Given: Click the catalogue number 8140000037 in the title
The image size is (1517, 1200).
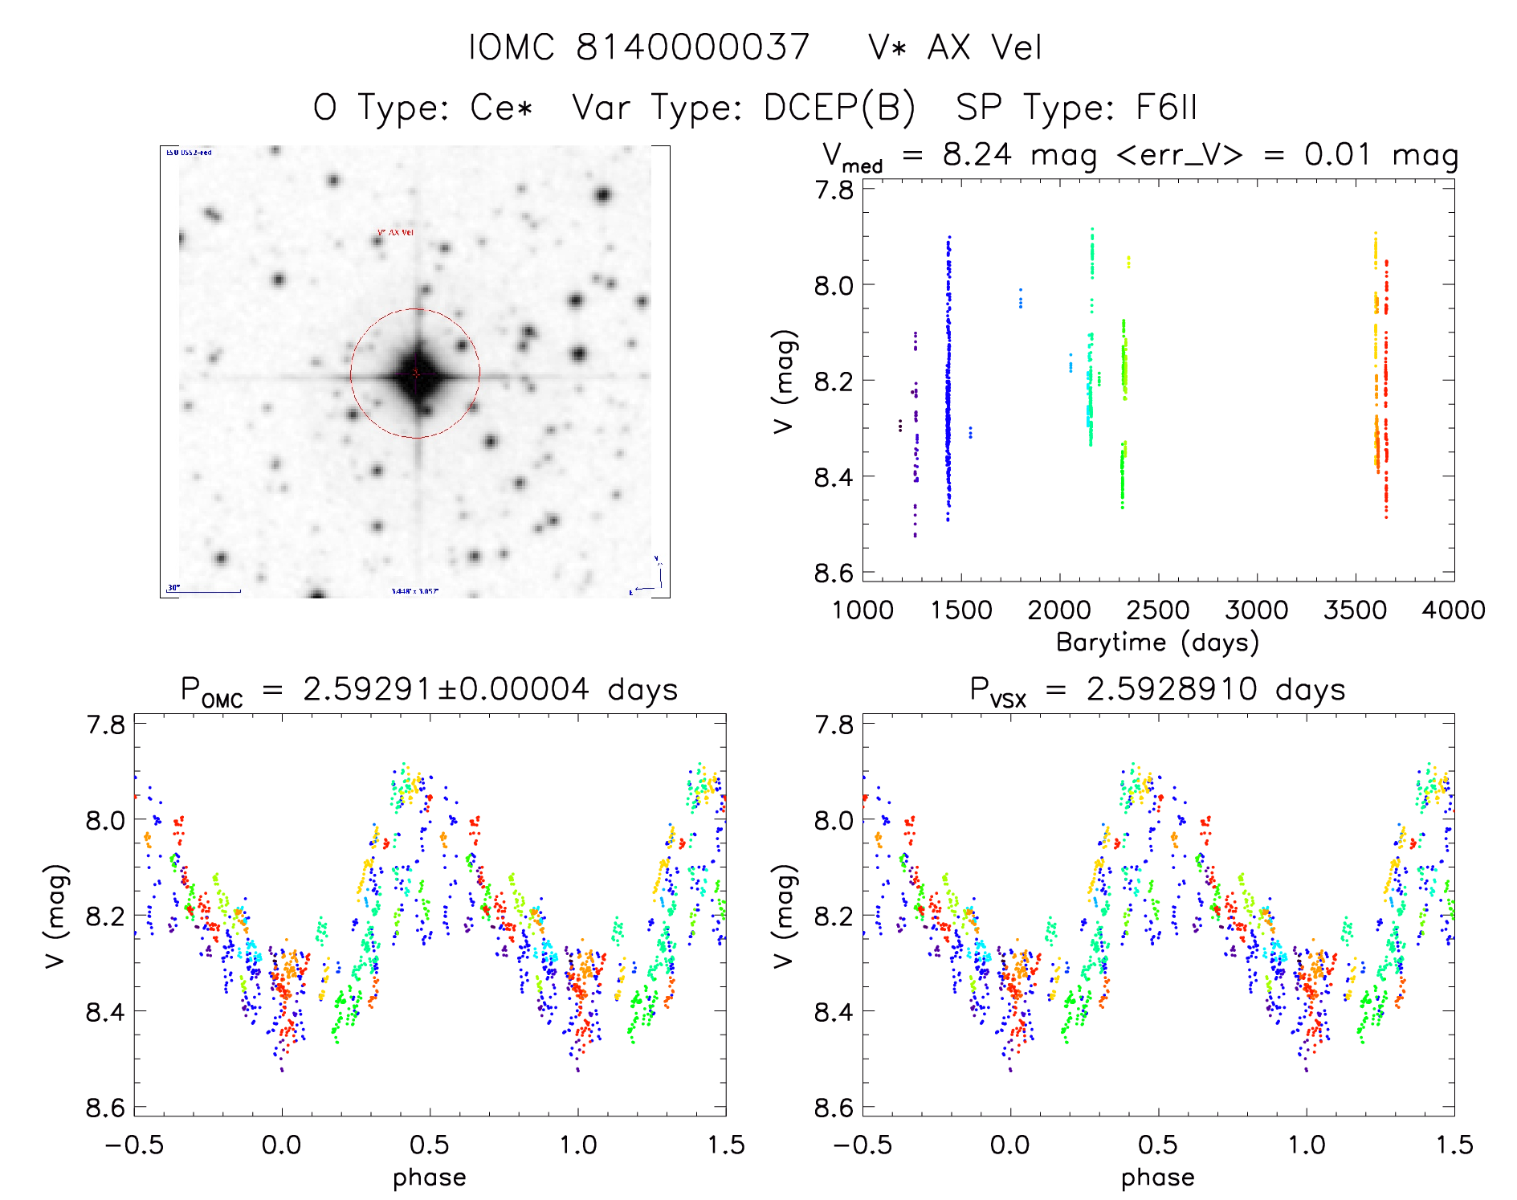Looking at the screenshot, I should (x=692, y=47).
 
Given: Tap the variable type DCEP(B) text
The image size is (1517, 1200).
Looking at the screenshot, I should (x=838, y=107).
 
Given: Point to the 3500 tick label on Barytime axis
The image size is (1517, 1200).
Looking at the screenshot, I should (x=1355, y=610).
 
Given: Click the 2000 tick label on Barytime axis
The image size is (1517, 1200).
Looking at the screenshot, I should (x=1059, y=610).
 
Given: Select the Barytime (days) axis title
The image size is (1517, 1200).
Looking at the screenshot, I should (x=1157, y=643).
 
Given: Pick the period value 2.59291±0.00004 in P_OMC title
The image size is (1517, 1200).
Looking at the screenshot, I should (x=446, y=689).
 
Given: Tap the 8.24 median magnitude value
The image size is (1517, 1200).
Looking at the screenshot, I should (x=977, y=154).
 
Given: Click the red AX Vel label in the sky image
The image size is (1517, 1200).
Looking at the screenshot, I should (x=395, y=233).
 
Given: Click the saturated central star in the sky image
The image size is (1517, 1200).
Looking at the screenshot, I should (x=416, y=373).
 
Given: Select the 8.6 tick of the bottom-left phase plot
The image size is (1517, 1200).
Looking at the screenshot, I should (x=105, y=1108).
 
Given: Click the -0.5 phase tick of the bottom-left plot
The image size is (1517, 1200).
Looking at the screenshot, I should (x=134, y=1145).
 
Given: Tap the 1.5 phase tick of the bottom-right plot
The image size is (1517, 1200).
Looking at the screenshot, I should (x=1454, y=1145).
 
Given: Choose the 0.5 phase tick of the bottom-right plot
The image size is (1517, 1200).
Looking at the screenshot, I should (x=1158, y=1145).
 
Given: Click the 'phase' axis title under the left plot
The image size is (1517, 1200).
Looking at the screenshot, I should (x=430, y=1178).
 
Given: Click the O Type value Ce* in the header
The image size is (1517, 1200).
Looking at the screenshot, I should (x=501, y=107).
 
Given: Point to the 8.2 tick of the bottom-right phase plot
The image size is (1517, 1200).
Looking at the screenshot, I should (x=834, y=916).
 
